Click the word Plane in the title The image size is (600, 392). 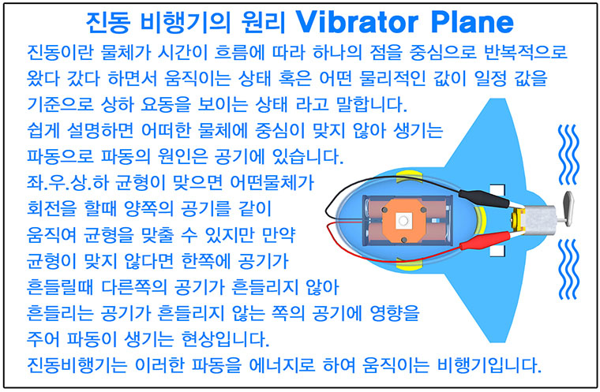[x=472, y=22]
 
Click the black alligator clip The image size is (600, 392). [x=483, y=199]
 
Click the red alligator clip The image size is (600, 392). [x=485, y=241]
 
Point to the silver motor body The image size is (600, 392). [x=538, y=219]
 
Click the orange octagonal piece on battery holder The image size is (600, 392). [x=403, y=220]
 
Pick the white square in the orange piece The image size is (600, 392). [x=403, y=221]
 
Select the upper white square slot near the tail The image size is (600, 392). [x=497, y=190]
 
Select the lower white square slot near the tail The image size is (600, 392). [x=497, y=251]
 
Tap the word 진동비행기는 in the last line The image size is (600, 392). [x=77, y=365]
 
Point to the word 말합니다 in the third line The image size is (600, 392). [x=371, y=104]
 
